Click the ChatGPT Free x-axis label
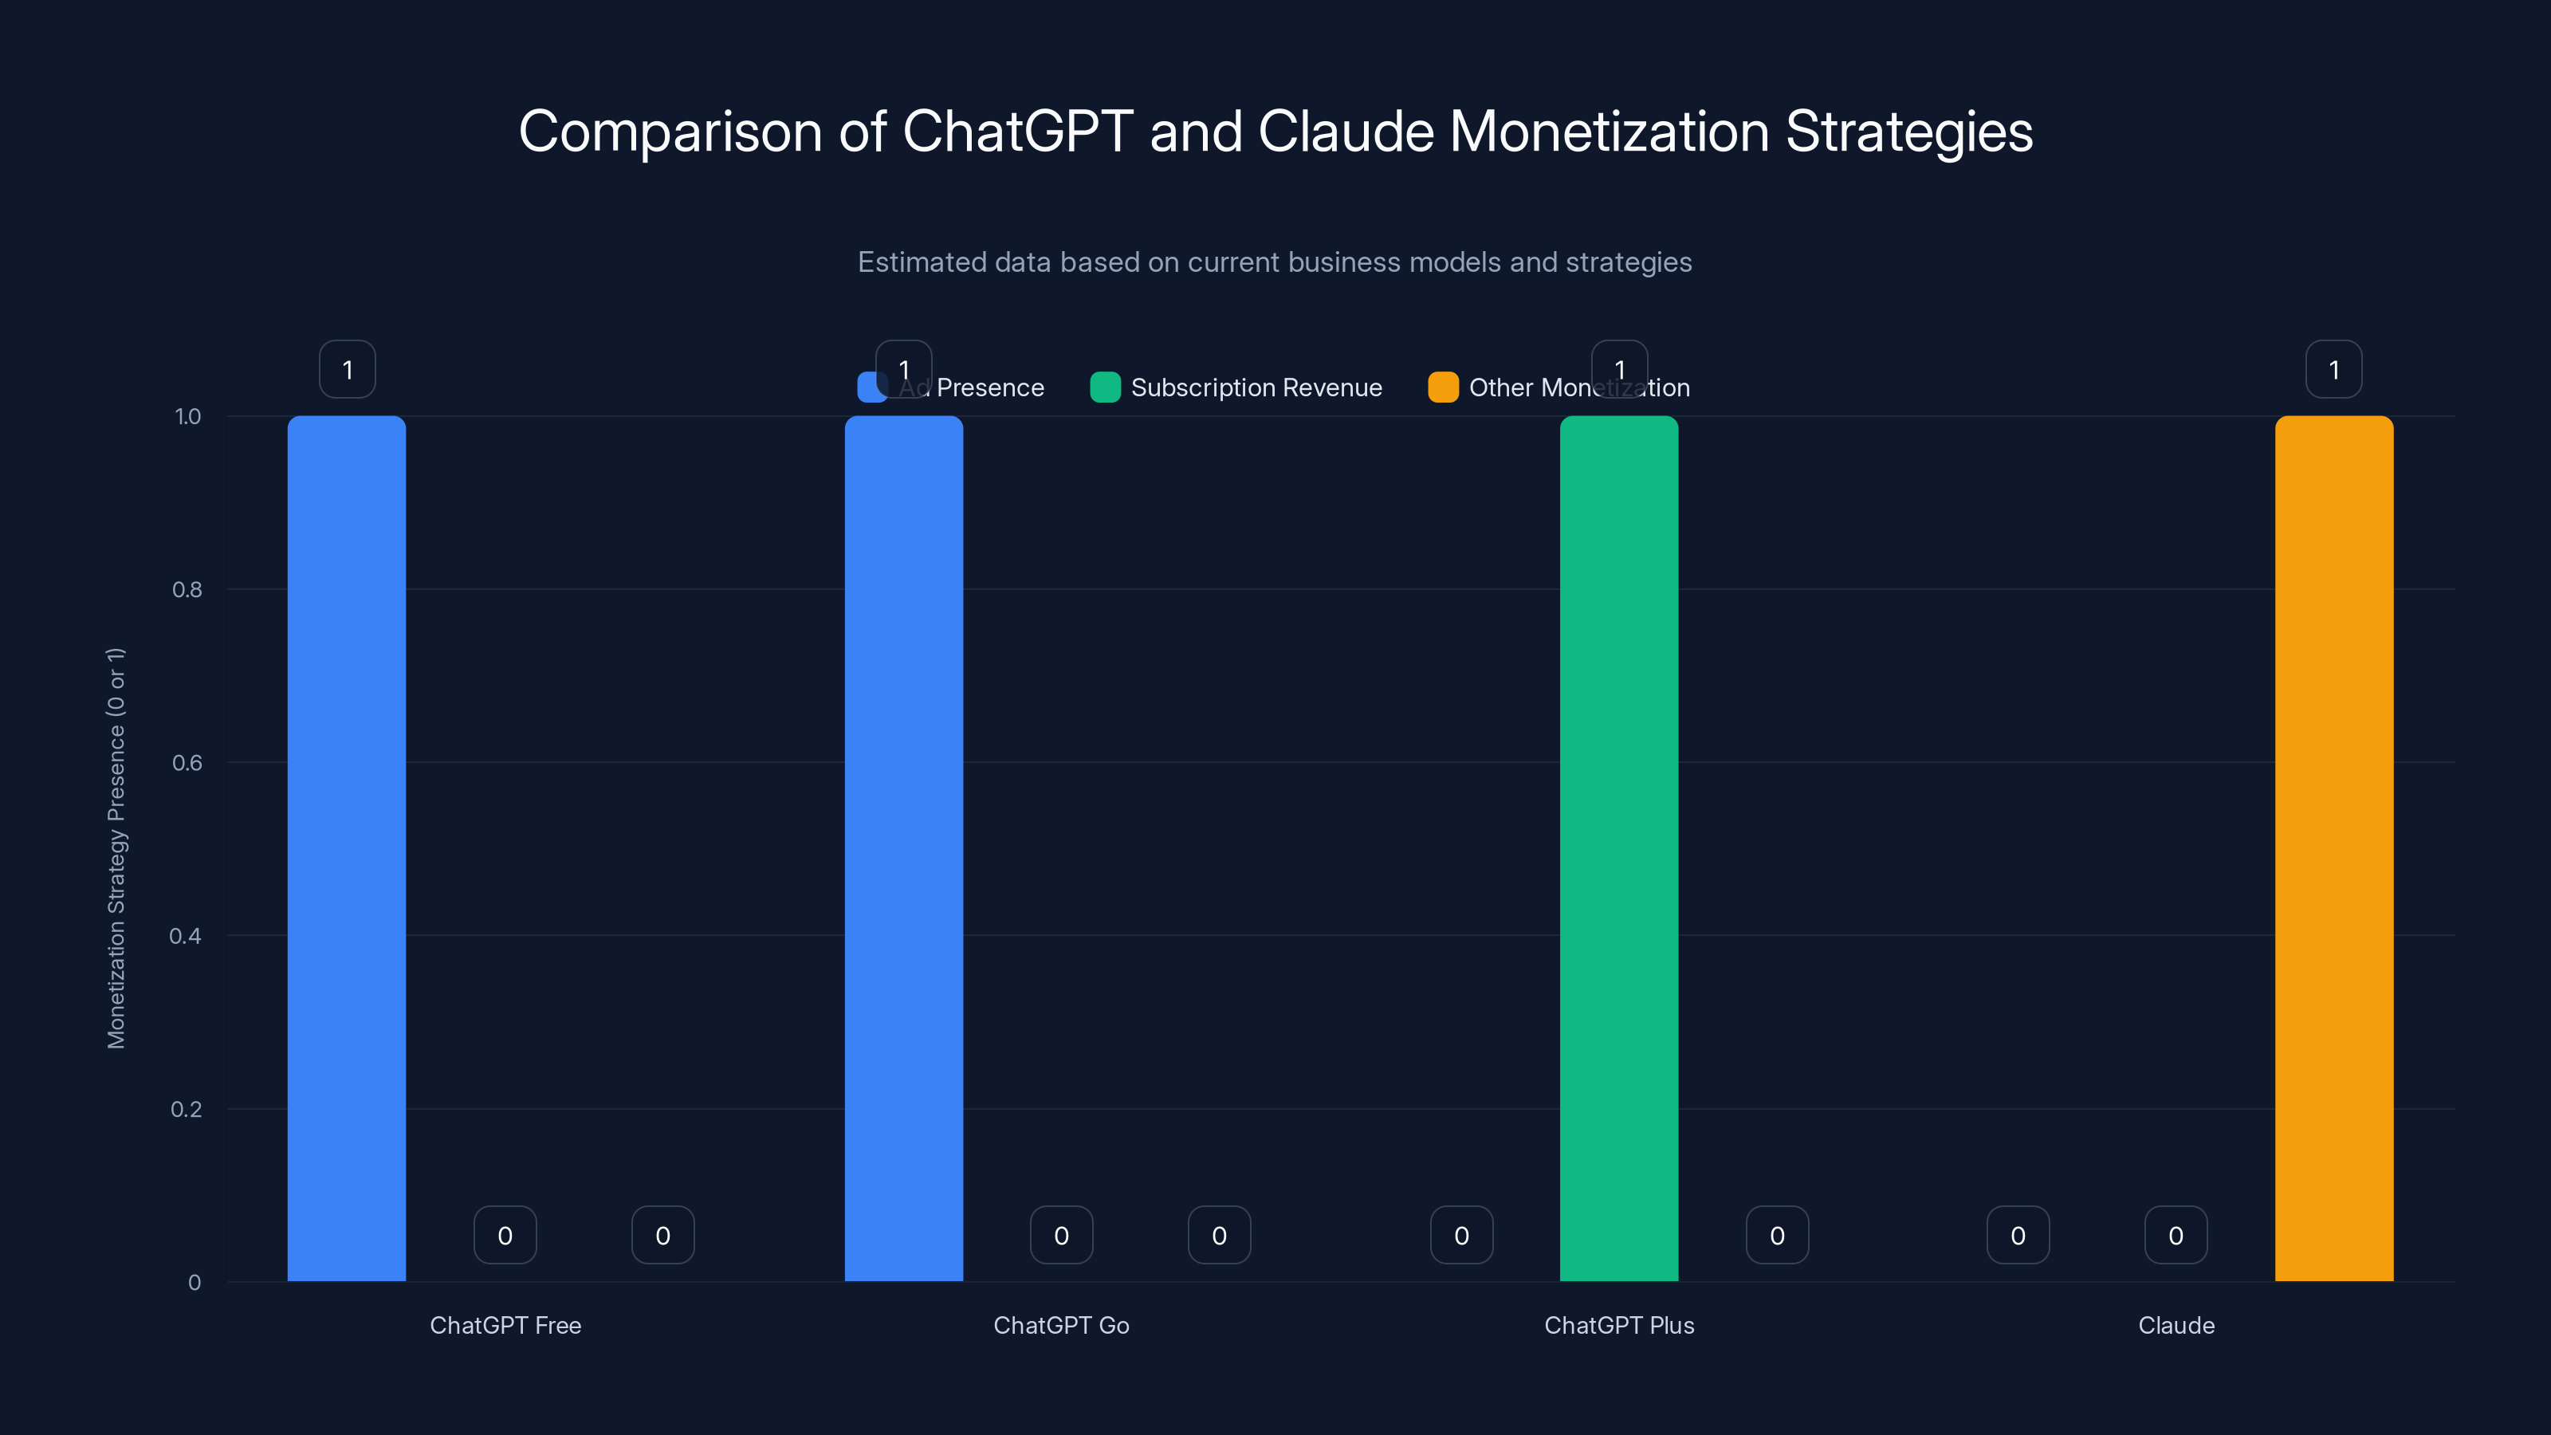505,1325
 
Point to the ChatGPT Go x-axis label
1060,1325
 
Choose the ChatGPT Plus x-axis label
1618,1325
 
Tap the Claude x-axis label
2176,1325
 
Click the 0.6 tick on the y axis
187,763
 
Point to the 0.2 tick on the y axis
187,1109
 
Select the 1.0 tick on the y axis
187,417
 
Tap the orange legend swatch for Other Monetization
1443,387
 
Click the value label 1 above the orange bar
2333,369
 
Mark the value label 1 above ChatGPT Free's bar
347,369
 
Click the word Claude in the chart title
1345,132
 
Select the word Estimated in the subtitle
921,262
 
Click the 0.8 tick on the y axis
187,590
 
